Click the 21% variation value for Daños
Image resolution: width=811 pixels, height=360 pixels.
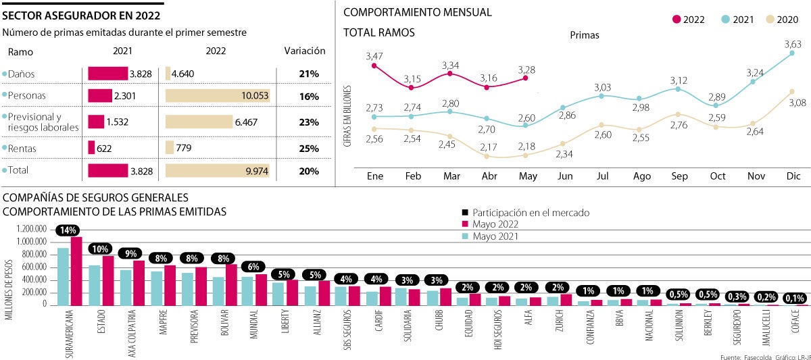pyautogui.click(x=309, y=74)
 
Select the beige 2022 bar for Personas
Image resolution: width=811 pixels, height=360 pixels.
pyautogui.click(x=218, y=97)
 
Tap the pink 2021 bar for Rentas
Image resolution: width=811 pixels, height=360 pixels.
pyautogui.click(x=91, y=147)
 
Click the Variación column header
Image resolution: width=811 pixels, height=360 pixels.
pyautogui.click(x=305, y=51)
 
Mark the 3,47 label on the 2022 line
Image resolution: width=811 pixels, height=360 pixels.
pyautogui.click(x=374, y=55)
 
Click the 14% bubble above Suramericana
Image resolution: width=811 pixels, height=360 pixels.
pyautogui.click(x=68, y=230)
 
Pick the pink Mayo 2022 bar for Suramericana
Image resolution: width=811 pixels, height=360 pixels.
pyautogui.click(x=76, y=271)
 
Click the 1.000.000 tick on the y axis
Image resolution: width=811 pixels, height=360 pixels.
pyautogui.click(x=32, y=242)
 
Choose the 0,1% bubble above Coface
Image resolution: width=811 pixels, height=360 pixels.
pyautogui.click(x=795, y=297)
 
